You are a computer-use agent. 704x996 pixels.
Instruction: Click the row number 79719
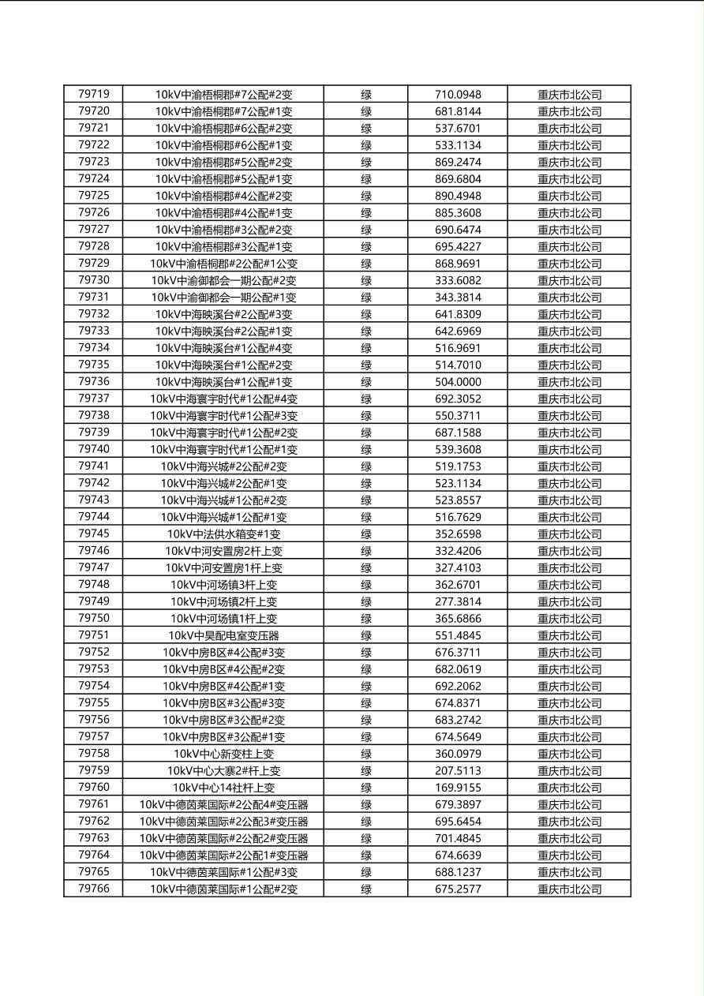[x=94, y=94]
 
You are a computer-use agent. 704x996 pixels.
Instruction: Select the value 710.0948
[x=458, y=95]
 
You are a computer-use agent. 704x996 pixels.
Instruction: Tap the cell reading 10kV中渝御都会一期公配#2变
[x=223, y=280]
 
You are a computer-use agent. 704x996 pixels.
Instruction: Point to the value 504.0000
[x=458, y=382]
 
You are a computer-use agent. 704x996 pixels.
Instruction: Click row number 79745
[x=94, y=534]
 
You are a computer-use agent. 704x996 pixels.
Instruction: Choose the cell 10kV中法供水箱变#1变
[x=223, y=534]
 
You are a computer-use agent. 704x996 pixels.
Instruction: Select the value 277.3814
[x=458, y=601]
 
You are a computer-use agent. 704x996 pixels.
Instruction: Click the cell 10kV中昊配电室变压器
[x=223, y=635]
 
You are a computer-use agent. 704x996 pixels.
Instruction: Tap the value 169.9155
[x=458, y=788]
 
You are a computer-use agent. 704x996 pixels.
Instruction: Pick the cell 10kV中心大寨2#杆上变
[x=223, y=770]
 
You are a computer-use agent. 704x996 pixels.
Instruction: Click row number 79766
[x=94, y=889]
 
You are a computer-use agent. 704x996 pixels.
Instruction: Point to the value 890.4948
[x=458, y=196]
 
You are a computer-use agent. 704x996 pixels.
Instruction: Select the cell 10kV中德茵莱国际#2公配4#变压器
[x=223, y=804]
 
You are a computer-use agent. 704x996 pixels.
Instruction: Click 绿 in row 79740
[x=366, y=449]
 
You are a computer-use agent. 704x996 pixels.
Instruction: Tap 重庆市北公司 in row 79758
[x=569, y=754]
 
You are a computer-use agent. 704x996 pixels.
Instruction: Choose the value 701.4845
[x=458, y=838]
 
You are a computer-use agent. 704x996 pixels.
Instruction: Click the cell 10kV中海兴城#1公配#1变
[x=223, y=517]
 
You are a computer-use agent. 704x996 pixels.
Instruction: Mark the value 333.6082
[x=458, y=280]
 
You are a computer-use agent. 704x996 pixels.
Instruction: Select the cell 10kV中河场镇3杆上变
[x=223, y=585]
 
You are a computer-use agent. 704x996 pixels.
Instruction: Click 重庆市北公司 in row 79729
[x=569, y=264]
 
